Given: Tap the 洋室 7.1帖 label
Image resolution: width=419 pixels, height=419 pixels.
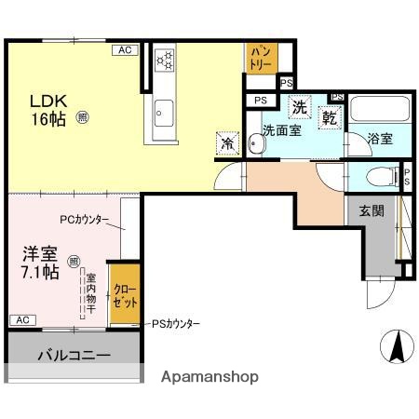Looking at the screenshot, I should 40,263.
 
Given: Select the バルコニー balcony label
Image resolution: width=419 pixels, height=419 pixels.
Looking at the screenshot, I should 74,356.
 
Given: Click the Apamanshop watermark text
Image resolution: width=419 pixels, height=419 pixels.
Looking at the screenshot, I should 210,377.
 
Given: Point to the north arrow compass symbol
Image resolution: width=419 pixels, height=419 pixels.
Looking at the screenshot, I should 395,347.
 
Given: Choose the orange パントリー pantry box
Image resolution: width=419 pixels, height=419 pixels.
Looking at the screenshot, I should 260,58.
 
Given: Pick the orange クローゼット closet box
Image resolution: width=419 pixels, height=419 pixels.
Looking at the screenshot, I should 126,294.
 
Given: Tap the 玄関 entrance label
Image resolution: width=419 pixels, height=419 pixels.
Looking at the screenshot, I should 372,210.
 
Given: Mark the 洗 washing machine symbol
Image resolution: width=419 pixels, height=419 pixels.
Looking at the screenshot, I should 300,107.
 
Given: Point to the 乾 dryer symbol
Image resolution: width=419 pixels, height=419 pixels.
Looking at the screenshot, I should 330,117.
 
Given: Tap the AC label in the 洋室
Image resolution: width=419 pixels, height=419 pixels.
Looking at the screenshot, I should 20,319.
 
